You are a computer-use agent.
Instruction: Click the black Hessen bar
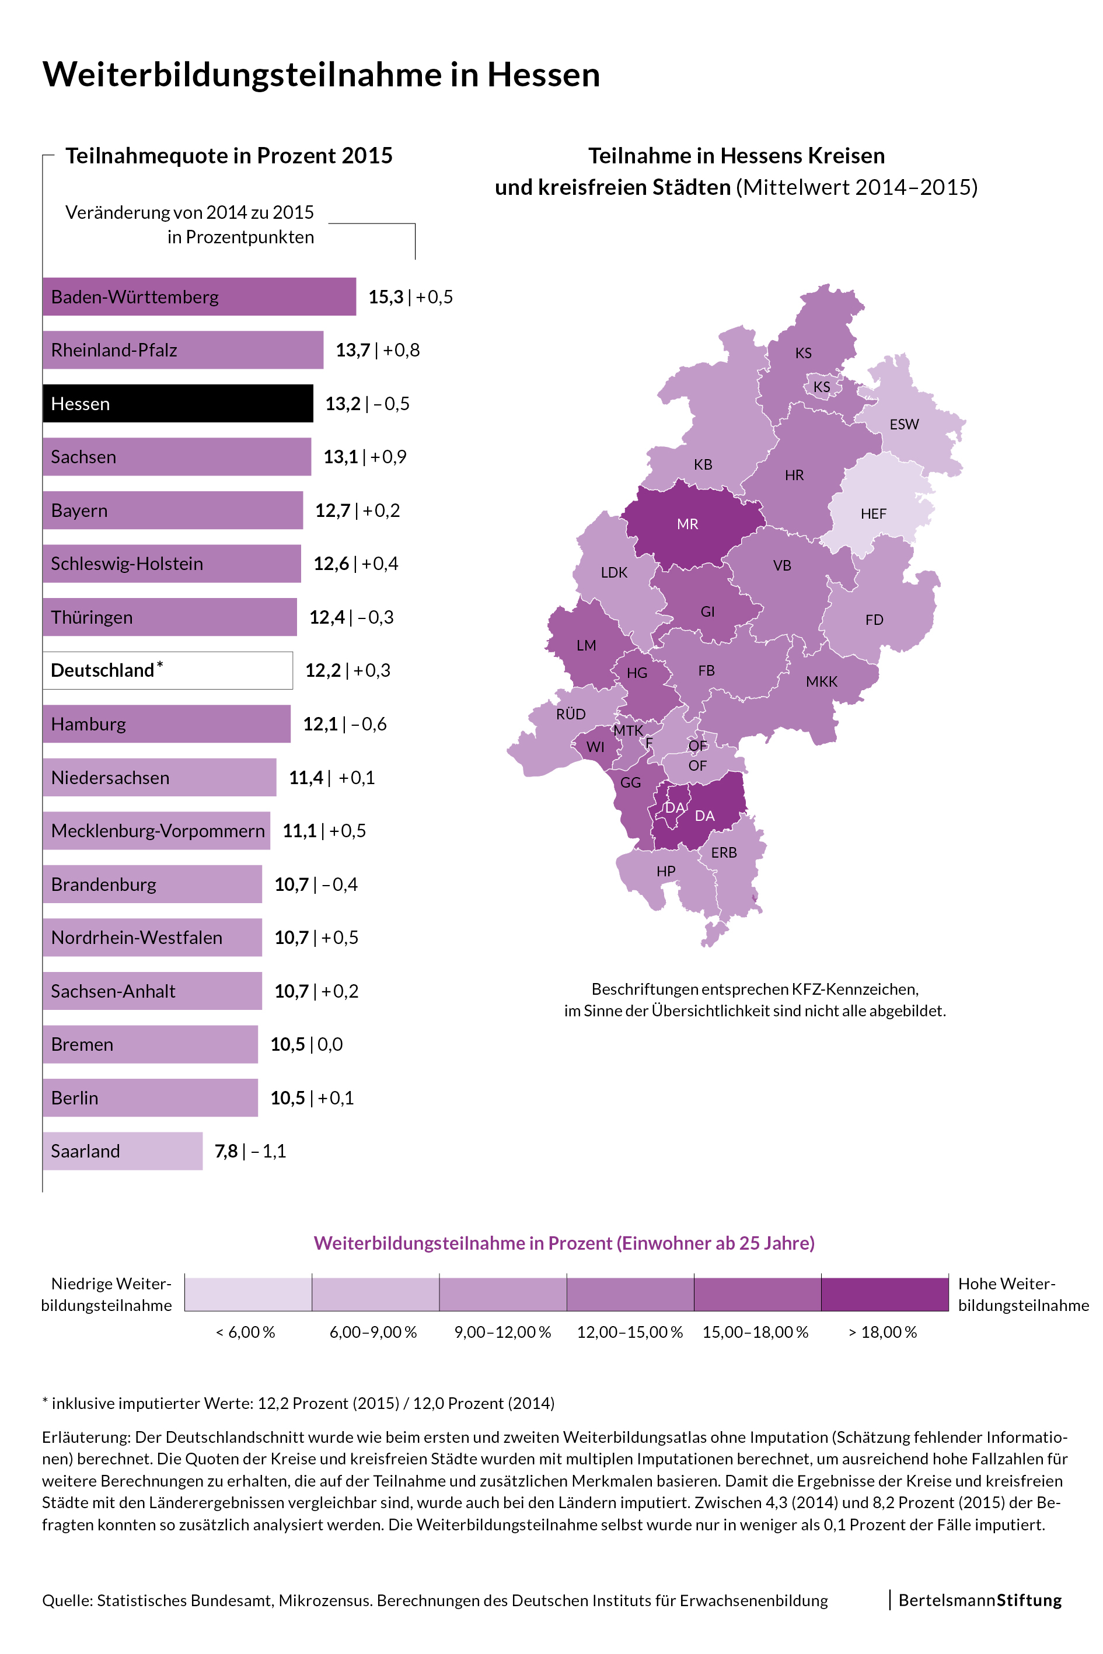177,403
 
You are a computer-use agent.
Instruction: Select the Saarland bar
123,1151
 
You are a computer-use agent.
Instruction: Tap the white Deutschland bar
167,670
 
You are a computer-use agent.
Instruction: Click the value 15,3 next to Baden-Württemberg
386,297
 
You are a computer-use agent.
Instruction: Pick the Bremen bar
150,1044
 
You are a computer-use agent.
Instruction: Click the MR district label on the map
687,524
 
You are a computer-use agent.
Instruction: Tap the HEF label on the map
873,513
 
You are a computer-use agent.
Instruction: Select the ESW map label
904,424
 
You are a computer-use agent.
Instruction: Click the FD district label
874,620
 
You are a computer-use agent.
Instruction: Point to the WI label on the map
595,747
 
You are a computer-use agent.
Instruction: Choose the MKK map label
822,681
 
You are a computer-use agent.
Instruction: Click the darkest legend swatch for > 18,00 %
884,1294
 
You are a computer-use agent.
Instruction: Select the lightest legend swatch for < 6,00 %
247,1294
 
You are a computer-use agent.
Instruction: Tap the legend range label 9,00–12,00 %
502,1332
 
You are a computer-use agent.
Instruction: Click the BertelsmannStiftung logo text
980,1600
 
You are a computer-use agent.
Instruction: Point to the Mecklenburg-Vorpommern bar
156,831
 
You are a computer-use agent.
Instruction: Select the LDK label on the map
613,572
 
